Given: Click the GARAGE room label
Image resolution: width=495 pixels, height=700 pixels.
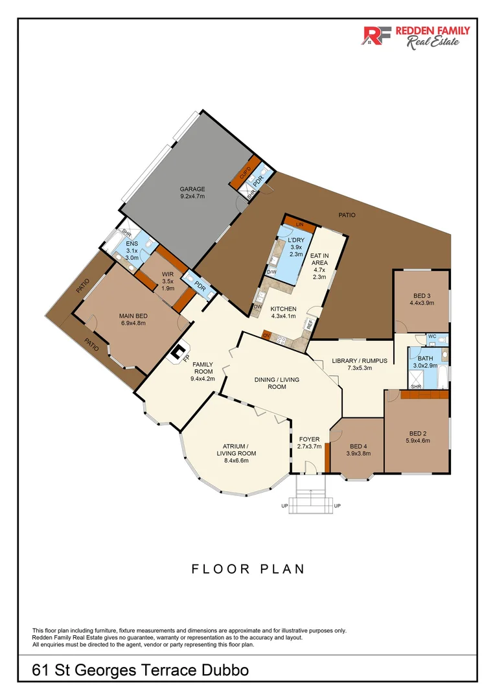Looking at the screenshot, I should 192,192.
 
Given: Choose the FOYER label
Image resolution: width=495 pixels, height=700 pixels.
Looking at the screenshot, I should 309,443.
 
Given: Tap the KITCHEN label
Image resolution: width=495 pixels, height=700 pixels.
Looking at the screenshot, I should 283,312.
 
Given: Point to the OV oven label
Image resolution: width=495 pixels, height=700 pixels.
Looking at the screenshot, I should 266,334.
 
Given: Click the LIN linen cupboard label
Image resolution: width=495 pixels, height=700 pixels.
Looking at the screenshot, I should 299,224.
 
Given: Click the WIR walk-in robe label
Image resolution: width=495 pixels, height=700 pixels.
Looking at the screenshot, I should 167,278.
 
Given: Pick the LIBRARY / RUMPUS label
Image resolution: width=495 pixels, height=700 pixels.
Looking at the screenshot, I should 359,364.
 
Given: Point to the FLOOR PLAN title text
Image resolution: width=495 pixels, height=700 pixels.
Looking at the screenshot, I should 247,569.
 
